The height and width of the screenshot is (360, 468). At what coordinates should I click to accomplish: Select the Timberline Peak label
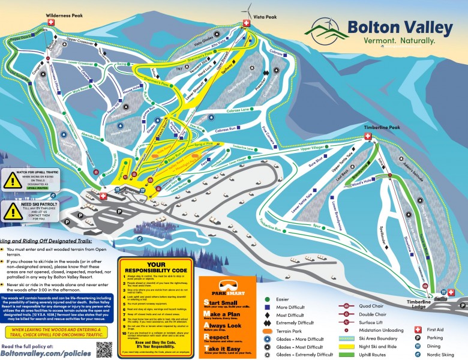382,127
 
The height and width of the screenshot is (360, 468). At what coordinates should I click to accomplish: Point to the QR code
104,349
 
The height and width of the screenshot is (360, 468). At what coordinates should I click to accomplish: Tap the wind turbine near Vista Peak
247,10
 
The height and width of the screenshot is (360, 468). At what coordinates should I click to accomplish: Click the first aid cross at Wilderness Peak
51,22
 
